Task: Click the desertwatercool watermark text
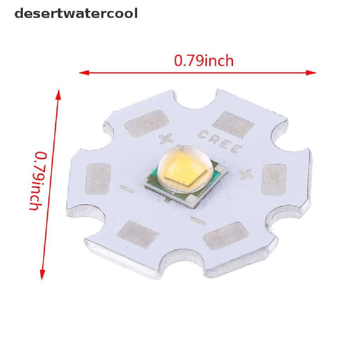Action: pos(76,14)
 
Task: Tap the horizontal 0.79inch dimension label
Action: pos(204,61)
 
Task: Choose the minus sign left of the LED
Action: pos(126,189)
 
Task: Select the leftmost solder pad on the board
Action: pos(98,179)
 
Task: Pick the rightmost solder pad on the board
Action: pos(275,179)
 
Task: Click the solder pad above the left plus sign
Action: pos(147,123)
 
